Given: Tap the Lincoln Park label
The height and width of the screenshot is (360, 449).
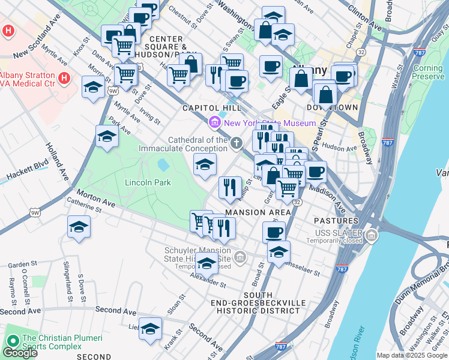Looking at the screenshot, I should [148, 182].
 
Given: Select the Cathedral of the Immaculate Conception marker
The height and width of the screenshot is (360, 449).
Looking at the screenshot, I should [237, 143].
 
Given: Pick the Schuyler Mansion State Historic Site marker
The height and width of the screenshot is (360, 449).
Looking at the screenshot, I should [240, 258].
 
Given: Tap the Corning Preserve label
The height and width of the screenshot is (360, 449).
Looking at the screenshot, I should [428, 73].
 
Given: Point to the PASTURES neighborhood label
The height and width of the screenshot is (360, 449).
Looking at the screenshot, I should [336, 221].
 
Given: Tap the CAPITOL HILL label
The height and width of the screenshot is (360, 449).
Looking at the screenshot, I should [212, 108].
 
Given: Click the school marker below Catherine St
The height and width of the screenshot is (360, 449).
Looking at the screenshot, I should [79, 227].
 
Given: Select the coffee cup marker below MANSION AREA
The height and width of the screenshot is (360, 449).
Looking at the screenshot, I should [274, 232].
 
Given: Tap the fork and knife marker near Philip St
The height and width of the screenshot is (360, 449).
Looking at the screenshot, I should [230, 187].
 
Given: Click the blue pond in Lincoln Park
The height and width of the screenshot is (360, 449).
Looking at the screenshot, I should [162, 164].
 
